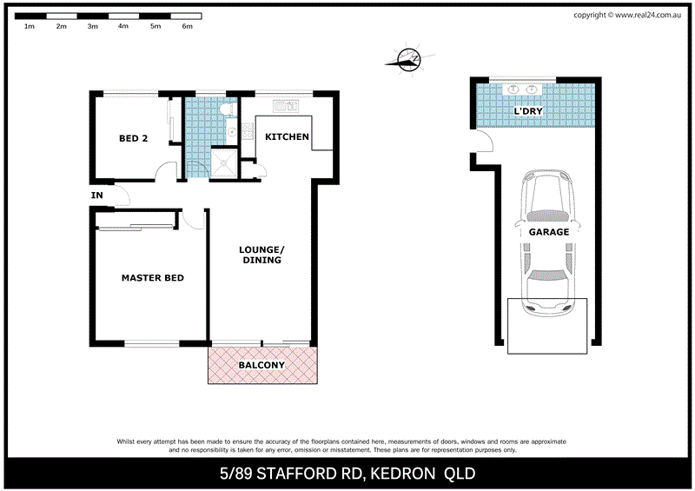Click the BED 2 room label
133,138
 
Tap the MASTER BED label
152,278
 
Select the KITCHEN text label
286,137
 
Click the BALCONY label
261,366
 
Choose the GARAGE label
549,232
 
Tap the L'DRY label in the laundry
530,113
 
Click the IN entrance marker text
96,196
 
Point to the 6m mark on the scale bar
187,27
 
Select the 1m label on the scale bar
29,27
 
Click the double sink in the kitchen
285,106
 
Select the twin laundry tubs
525,89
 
